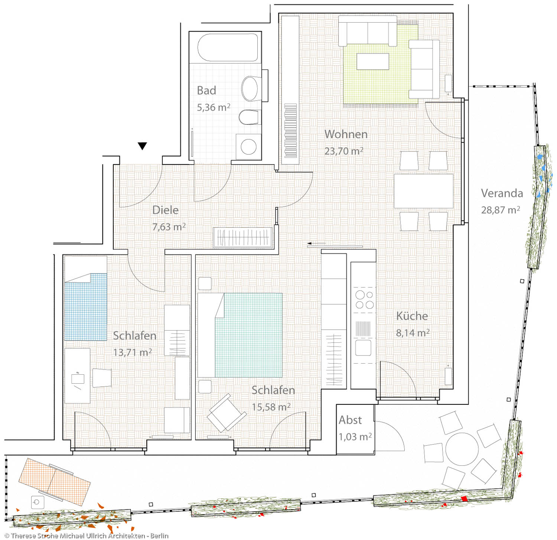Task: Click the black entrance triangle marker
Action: [142, 146]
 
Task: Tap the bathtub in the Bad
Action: [228, 48]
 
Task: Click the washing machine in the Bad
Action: [248, 147]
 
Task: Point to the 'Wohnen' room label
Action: [346, 134]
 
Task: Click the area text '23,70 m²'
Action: [344, 151]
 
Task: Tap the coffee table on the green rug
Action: [373, 61]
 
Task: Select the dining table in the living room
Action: [424, 191]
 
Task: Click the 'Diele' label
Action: [165, 210]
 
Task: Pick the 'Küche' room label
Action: [412, 316]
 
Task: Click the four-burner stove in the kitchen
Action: [364, 300]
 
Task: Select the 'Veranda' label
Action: [502, 193]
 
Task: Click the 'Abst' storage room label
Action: [350, 420]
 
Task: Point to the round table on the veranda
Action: [462, 449]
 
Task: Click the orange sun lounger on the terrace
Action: [55, 482]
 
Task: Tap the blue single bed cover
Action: [86, 307]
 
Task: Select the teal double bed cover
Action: [248, 335]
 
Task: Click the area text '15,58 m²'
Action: [271, 407]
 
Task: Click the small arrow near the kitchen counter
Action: [316, 244]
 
